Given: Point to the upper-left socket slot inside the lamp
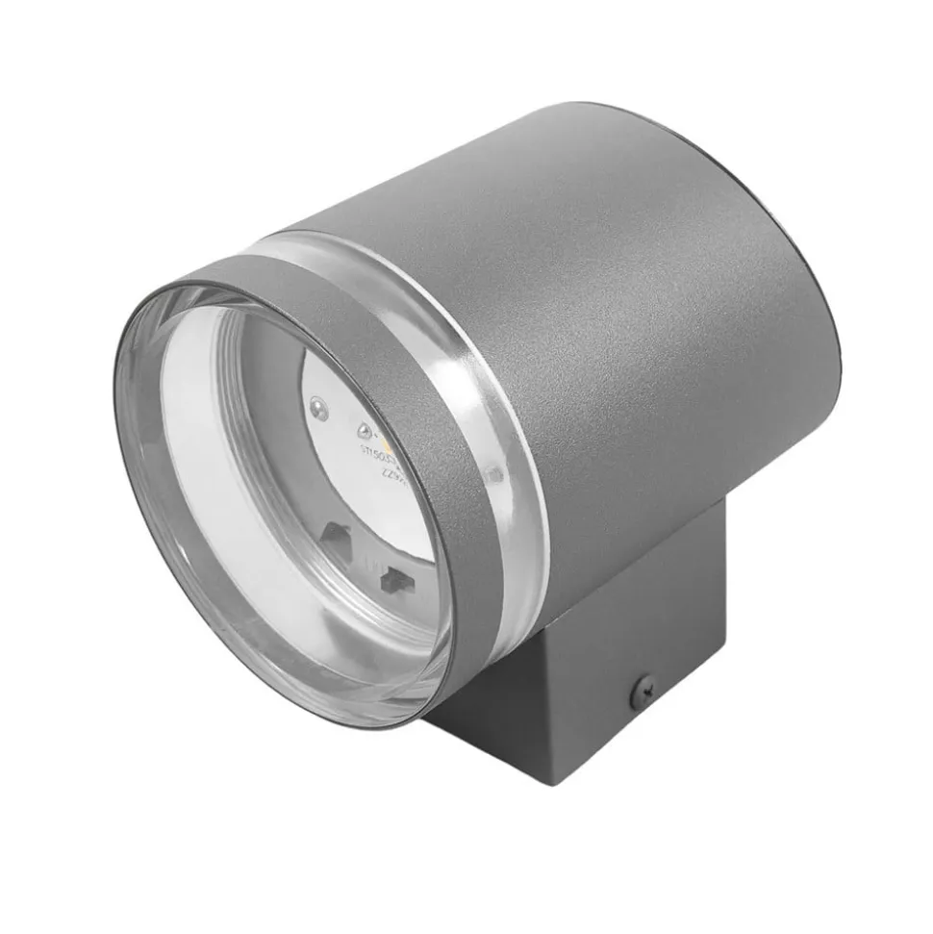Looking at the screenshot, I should coord(336,534).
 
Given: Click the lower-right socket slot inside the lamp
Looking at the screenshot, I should coord(391,579).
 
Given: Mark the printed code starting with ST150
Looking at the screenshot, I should coord(377,451).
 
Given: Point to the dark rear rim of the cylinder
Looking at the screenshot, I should coord(827,289).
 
